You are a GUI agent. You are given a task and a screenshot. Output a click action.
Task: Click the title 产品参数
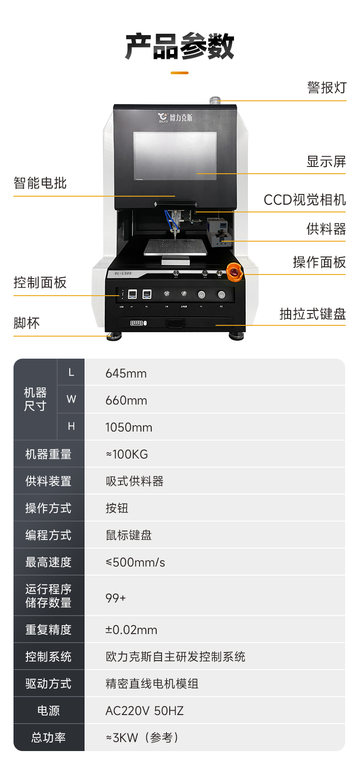[x=180, y=46]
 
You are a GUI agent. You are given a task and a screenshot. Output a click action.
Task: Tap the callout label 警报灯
[x=327, y=87]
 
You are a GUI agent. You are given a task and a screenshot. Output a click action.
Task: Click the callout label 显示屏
[x=326, y=162]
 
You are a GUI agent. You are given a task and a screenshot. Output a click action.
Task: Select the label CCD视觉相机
[x=305, y=200]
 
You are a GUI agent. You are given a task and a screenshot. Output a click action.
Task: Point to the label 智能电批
[x=40, y=183]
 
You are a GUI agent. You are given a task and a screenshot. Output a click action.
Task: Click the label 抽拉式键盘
[x=312, y=314]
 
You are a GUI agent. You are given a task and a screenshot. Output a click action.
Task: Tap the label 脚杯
[x=27, y=323]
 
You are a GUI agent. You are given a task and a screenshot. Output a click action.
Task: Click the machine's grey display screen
[x=175, y=156]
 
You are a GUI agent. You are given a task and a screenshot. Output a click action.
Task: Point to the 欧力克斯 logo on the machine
[x=175, y=117]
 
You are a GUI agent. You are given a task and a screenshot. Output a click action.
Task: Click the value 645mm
[x=126, y=373]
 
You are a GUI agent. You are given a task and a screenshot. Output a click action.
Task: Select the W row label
[x=71, y=399]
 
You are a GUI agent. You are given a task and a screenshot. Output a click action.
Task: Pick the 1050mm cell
[x=129, y=427]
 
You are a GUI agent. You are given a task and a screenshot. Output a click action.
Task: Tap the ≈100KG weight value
[x=127, y=454]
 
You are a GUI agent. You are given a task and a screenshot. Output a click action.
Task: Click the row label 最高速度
[x=49, y=562]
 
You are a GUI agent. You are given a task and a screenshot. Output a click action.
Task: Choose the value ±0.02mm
[x=131, y=630]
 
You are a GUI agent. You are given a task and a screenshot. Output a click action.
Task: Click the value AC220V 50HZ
[x=144, y=711]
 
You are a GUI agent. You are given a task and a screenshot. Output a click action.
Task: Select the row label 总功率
[x=49, y=738]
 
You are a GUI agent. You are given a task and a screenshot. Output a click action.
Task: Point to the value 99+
[x=116, y=598]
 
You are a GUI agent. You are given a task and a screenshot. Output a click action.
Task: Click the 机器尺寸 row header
[x=35, y=399]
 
